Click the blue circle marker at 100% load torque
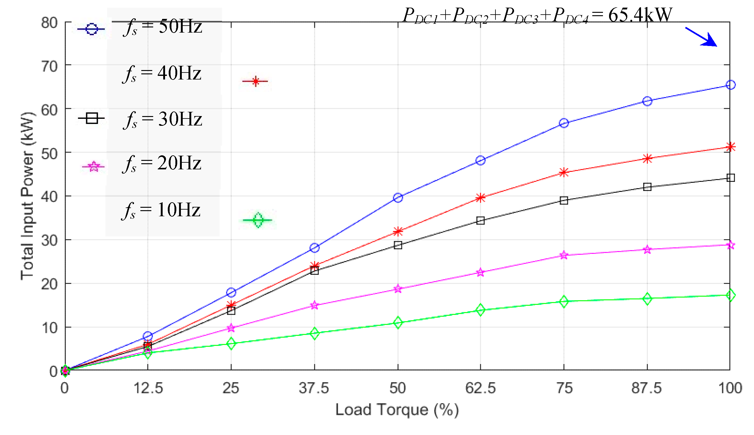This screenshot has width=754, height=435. [x=730, y=85]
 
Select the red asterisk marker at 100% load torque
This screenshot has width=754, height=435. [x=730, y=147]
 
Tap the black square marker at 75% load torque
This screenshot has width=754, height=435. [x=564, y=200]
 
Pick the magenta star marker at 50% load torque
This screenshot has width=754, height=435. [x=398, y=289]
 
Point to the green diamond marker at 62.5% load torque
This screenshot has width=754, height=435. [x=480, y=310]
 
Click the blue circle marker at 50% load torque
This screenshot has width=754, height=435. [x=398, y=198]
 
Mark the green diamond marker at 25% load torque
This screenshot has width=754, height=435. [x=231, y=344]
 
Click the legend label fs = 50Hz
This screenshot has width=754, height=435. [x=163, y=27]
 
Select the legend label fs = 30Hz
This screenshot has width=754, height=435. [x=163, y=119]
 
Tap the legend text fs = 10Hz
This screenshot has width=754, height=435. [x=161, y=210]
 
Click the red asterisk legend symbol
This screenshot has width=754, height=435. [x=255, y=81]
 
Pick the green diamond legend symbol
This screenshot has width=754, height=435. [x=258, y=220]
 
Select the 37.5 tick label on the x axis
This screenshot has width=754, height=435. [x=314, y=388]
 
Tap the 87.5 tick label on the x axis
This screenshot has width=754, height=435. [x=647, y=388]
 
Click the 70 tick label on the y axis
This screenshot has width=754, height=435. [x=49, y=66]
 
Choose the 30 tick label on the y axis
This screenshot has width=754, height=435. [x=49, y=241]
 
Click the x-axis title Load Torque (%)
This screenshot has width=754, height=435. [x=397, y=410]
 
